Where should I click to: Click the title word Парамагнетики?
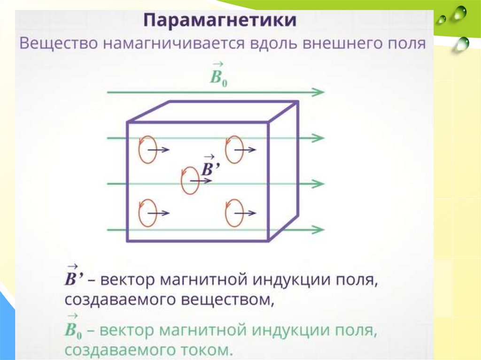click(x=220, y=22)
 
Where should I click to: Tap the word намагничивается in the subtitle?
click(x=167, y=45)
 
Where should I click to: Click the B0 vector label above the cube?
click(x=218, y=75)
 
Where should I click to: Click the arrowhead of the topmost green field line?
click(x=320, y=92)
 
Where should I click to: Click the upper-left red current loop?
click(x=146, y=150)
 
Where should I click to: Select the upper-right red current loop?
click(x=233, y=150)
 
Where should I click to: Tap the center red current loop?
click(x=189, y=180)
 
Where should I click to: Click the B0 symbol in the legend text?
click(x=73, y=330)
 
